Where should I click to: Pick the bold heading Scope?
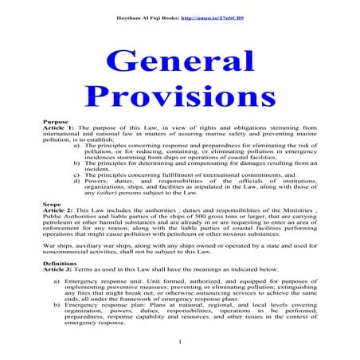pos(53,204)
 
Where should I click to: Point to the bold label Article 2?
pos(59,212)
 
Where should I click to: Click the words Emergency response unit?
pos(96,282)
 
